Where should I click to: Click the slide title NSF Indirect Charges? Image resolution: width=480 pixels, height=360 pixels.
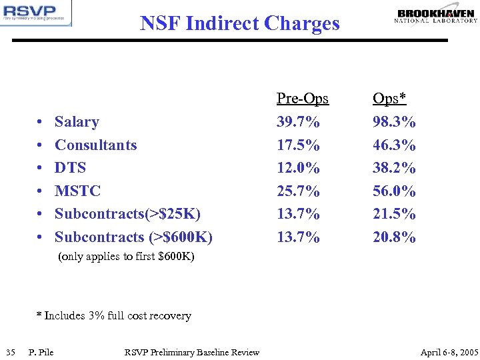pyautogui.click(x=240, y=23)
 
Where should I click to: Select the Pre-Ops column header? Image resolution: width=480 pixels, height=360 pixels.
pyautogui.click(x=303, y=99)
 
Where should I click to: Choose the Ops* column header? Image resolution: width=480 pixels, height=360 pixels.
pyautogui.click(x=389, y=99)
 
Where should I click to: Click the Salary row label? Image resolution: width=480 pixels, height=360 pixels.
pyautogui.click(x=77, y=122)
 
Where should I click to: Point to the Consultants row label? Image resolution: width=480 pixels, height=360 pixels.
pyautogui.click(x=95, y=145)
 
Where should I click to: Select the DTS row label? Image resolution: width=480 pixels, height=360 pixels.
pyautogui.click(x=70, y=168)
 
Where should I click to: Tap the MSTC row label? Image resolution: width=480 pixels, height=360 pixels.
pyautogui.click(x=77, y=191)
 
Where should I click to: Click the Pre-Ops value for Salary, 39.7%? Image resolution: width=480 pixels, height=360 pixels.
pyautogui.click(x=298, y=122)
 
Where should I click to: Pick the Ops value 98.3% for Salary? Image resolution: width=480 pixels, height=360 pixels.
pyautogui.click(x=394, y=122)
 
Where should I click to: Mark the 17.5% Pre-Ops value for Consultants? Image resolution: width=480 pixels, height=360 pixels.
pyautogui.click(x=298, y=145)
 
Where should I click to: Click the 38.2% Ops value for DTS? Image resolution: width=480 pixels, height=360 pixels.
pyautogui.click(x=394, y=168)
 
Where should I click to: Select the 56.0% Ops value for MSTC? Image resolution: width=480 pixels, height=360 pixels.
pyautogui.click(x=394, y=191)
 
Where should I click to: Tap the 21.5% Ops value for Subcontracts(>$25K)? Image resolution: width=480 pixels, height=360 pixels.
pyautogui.click(x=394, y=214)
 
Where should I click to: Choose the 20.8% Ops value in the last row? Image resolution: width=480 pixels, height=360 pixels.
pyautogui.click(x=394, y=237)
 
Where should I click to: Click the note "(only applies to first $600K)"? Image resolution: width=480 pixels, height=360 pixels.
pyautogui.click(x=127, y=257)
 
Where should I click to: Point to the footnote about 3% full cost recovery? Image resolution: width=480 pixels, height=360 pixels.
pyautogui.click(x=113, y=316)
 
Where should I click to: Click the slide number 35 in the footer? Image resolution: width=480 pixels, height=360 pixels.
pyautogui.click(x=10, y=352)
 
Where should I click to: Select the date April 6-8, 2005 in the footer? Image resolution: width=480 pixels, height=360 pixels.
pyautogui.click(x=449, y=352)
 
